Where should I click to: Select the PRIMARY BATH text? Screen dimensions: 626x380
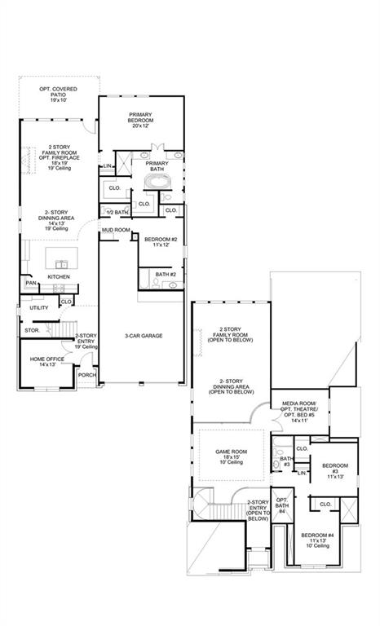(157, 166)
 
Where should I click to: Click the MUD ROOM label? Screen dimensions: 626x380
(116, 231)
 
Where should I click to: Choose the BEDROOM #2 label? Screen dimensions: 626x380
(160, 242)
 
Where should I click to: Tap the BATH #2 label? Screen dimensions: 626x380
(166, 275)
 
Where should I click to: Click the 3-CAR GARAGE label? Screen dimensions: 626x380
(140, 336)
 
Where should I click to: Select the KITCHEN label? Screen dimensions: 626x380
(59, 277)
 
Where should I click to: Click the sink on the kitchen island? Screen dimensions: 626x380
(60, 263)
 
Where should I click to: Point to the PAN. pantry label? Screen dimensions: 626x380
(31, 284)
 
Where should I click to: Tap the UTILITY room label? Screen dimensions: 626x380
(38, 308)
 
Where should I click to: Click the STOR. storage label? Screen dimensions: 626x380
(32, 330)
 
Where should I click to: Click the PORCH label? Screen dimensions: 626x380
(86, 375)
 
